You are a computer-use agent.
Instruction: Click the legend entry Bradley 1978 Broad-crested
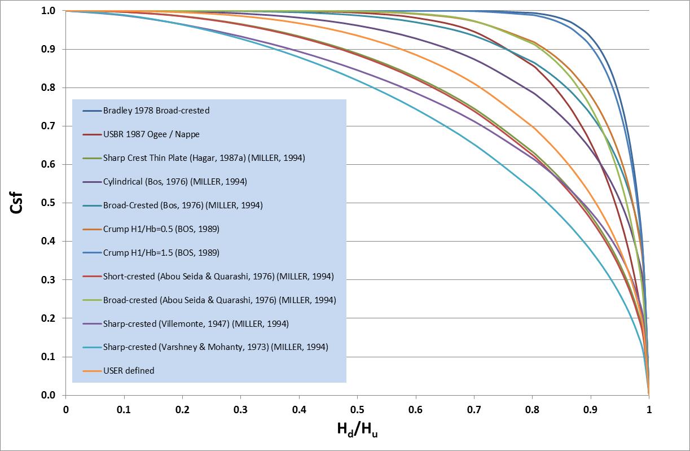156,111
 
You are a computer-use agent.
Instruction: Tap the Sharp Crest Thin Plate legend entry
204,158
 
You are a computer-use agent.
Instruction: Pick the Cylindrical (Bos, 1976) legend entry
174,182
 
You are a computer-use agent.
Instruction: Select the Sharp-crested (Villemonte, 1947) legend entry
196,324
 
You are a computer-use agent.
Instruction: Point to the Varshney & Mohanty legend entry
215,347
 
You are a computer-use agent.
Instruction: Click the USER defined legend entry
128,371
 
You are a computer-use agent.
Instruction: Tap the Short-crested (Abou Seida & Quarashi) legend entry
218,277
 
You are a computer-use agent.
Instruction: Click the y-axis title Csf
17,203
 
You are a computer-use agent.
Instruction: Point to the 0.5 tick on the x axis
357,409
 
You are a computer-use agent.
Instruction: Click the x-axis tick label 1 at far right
649,409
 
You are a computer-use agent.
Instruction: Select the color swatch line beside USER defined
91,371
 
